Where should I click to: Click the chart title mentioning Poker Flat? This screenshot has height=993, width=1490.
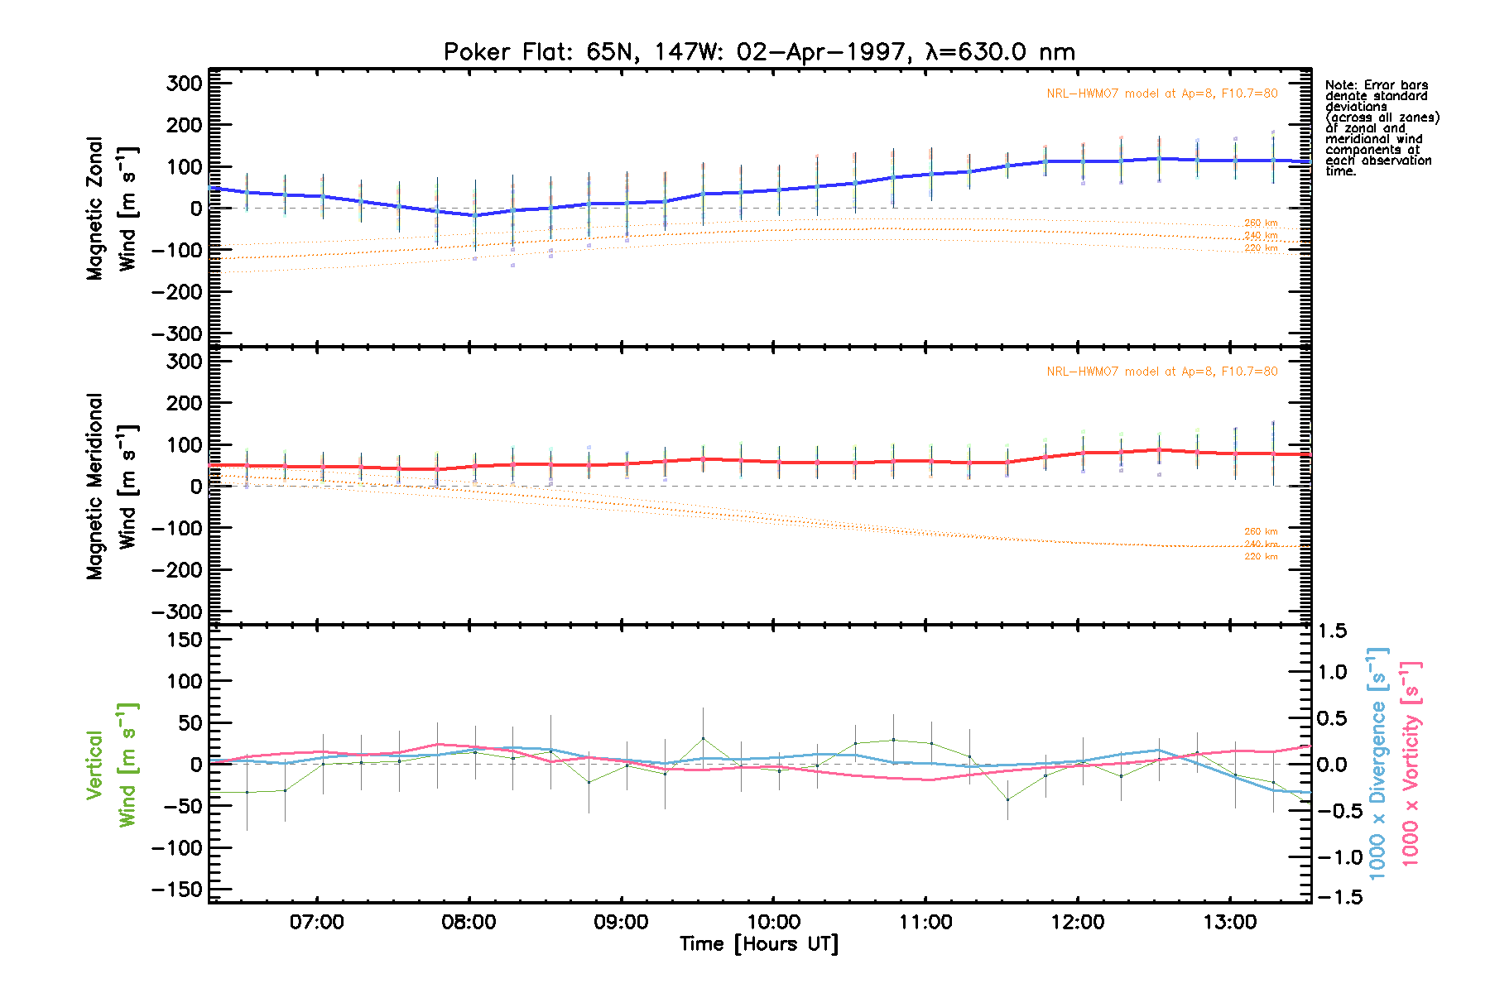759,52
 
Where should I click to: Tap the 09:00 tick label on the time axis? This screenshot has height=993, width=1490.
621,922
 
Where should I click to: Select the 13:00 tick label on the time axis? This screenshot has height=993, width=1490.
1230,922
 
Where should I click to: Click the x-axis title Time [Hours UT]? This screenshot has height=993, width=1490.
759,944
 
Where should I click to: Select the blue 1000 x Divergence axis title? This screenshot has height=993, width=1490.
1377,763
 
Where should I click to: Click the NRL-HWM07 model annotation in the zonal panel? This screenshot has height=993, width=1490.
1161,94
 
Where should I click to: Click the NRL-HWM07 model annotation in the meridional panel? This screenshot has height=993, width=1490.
1161,372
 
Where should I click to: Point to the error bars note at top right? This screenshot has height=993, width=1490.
1382,127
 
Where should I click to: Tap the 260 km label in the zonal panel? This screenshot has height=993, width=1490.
1261,223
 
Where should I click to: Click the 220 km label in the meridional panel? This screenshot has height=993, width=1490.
1261,557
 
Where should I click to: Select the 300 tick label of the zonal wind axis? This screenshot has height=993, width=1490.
184,84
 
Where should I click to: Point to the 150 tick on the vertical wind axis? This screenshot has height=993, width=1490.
184,640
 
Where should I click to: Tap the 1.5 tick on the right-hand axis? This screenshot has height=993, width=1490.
1332,631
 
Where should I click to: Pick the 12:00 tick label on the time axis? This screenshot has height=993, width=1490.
1078,922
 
